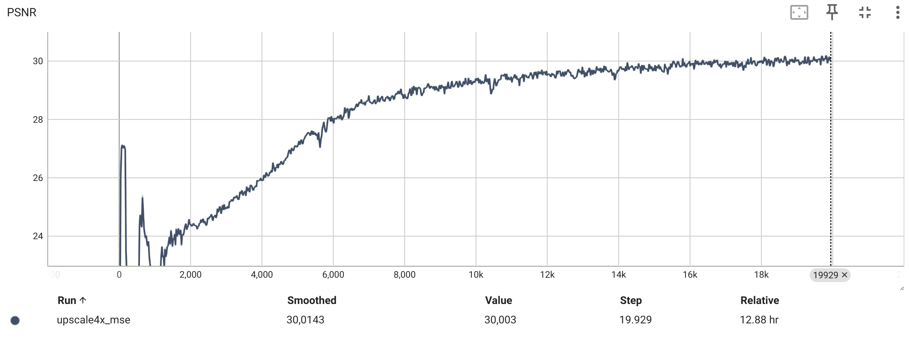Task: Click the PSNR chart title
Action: [22, 12]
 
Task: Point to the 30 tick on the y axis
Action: [38, 61]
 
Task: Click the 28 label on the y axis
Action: [38, 120]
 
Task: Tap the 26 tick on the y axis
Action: [38, 178]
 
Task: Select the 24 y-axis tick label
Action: [38, 236]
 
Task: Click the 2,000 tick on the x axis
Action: [190, 275]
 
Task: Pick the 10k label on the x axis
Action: [476, 275]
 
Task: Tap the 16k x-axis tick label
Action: [690, 275]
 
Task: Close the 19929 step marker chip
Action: [845, 275]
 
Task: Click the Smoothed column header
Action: [311, 300]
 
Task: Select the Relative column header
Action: [759, 300]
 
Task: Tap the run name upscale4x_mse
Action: [94, 320]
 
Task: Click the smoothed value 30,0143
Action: [305, 320]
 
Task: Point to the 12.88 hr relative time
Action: [759, 320]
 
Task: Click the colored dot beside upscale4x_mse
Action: [15, 321]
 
